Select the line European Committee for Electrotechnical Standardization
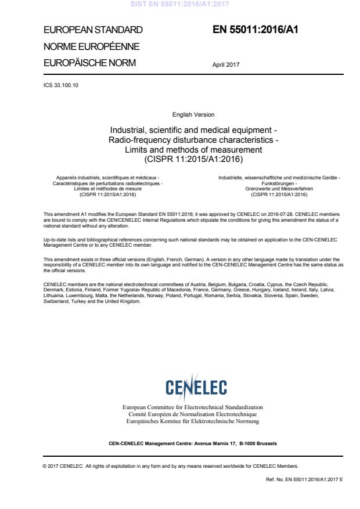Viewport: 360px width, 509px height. [x=192, y=407]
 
